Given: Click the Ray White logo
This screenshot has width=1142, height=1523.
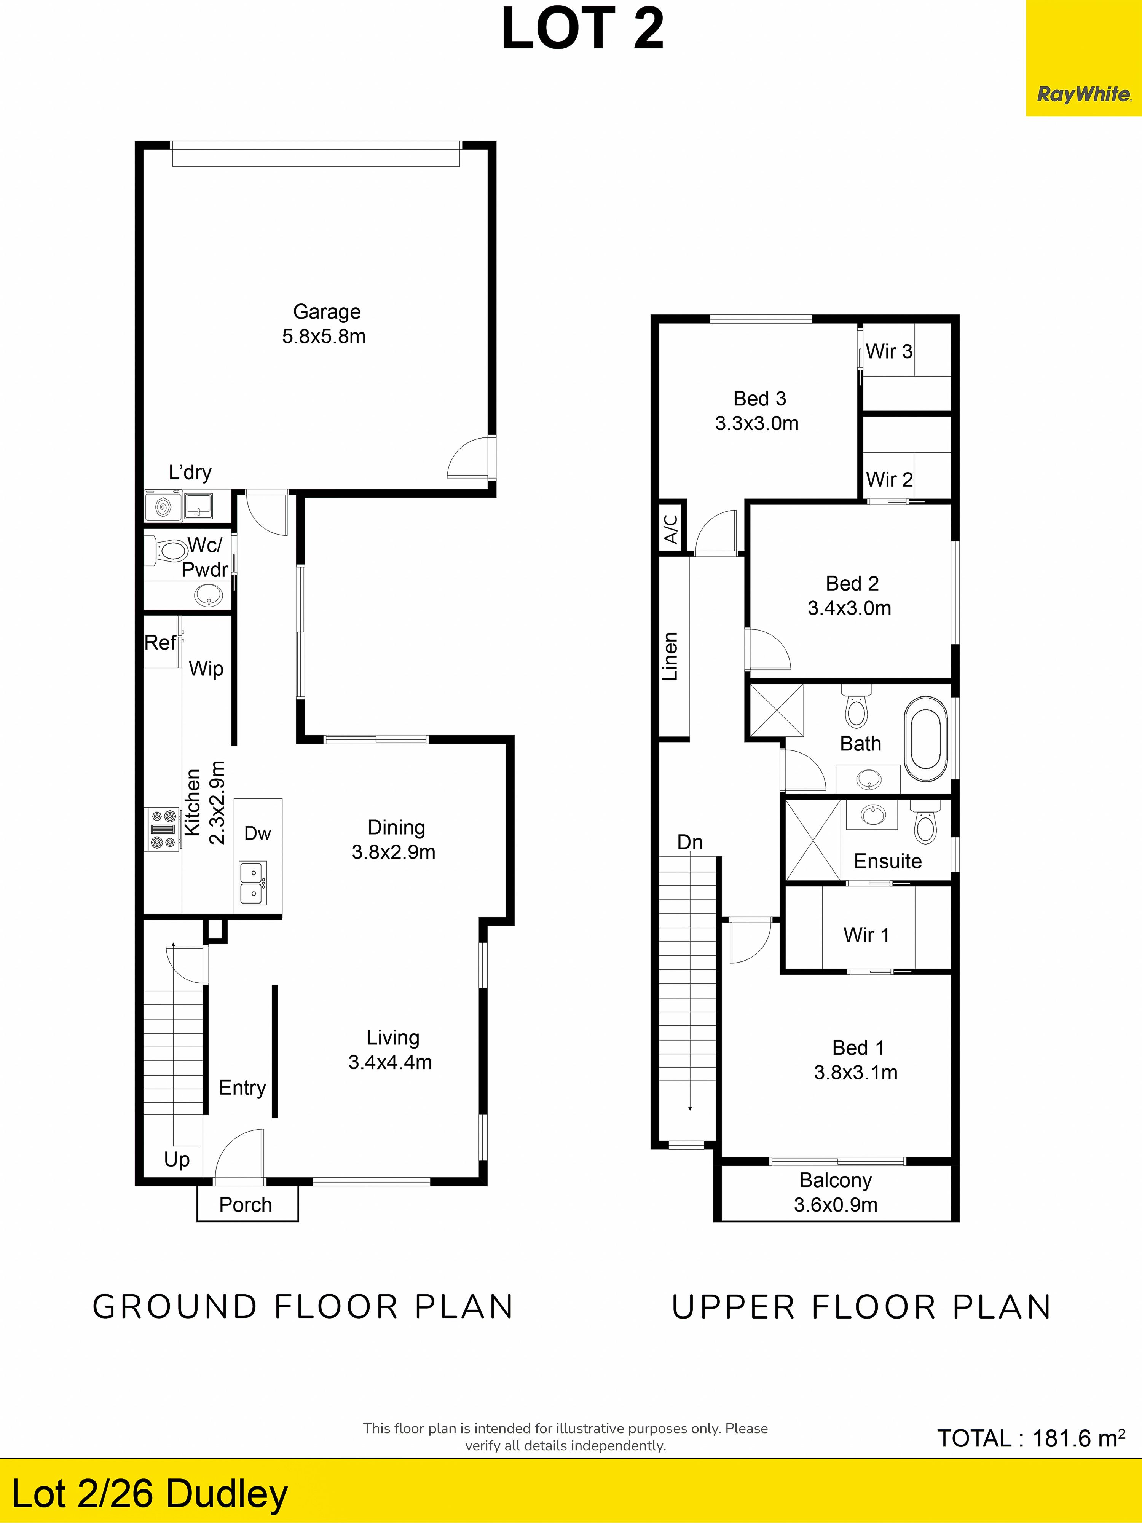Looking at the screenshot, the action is [1083, 94].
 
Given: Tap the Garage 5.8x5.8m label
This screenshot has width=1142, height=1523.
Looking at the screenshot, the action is [324, 324].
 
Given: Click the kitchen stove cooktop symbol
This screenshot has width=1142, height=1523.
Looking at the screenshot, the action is [163, 829].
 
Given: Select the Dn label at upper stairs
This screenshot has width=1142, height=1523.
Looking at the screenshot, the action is [690, 842].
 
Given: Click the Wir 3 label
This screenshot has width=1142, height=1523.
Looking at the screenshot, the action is [889, 351].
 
